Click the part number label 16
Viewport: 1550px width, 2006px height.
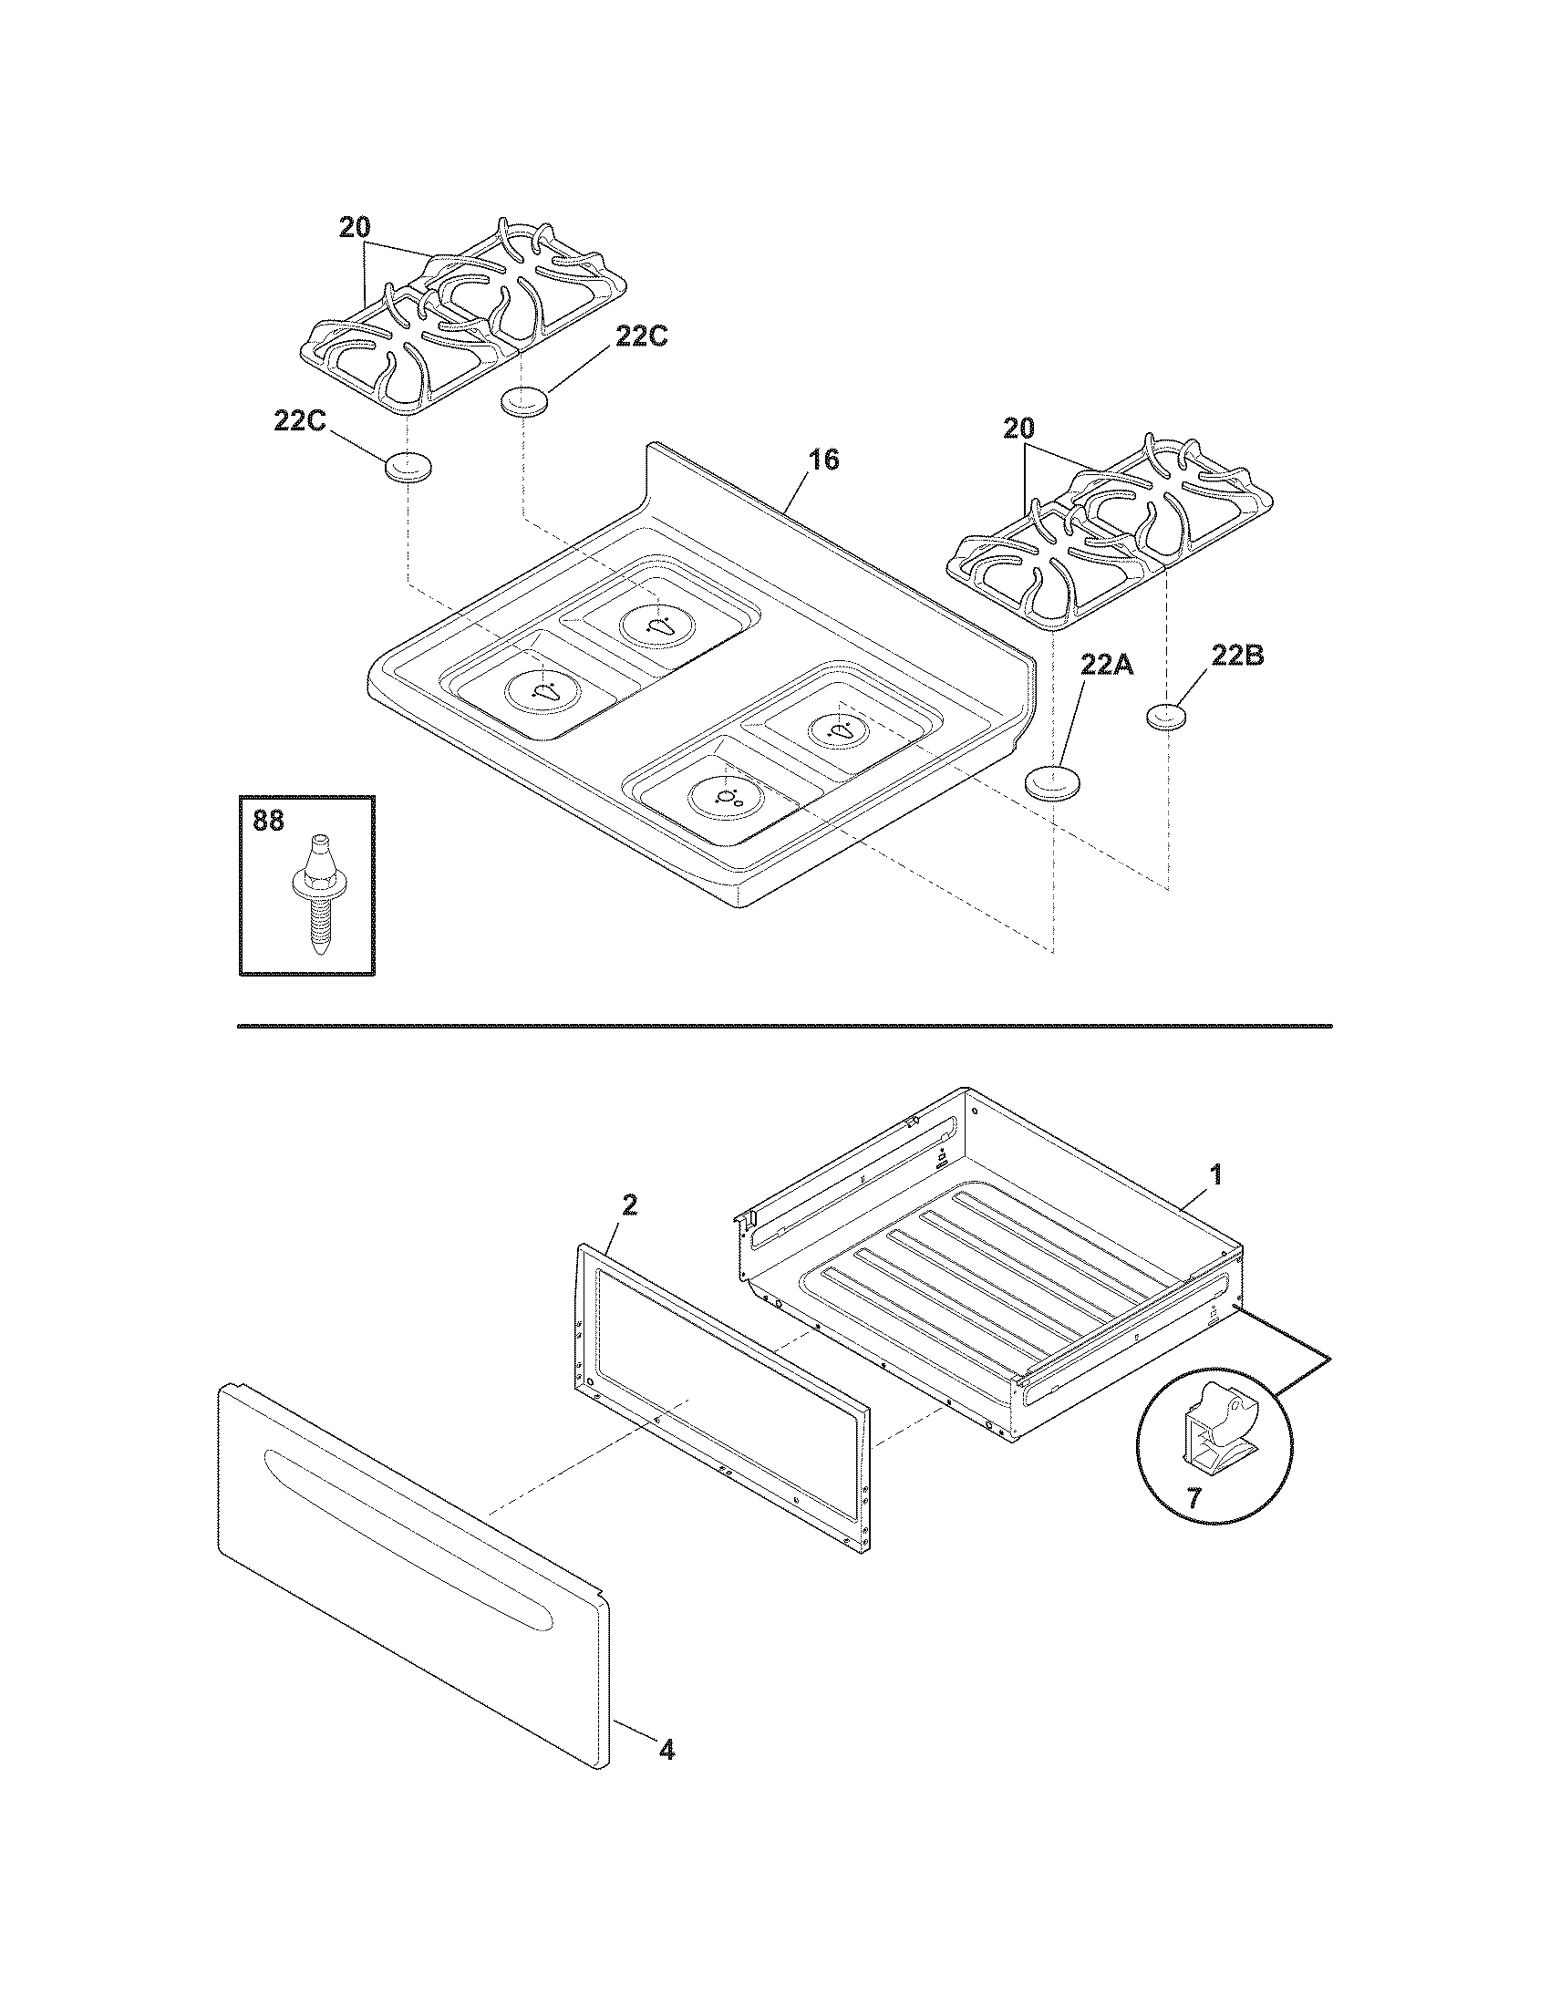coord(823,460)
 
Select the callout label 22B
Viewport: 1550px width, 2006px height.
coord(1237,656)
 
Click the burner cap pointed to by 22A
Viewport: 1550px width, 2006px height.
coord(1051,782)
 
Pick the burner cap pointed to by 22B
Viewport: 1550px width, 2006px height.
coord(1168,717)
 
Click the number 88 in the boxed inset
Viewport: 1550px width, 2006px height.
coord(268,821)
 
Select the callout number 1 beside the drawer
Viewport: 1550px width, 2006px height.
coord(1214,1174)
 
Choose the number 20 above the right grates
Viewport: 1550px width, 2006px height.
coord(1018,429)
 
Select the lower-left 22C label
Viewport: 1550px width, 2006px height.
coord(299,420)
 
